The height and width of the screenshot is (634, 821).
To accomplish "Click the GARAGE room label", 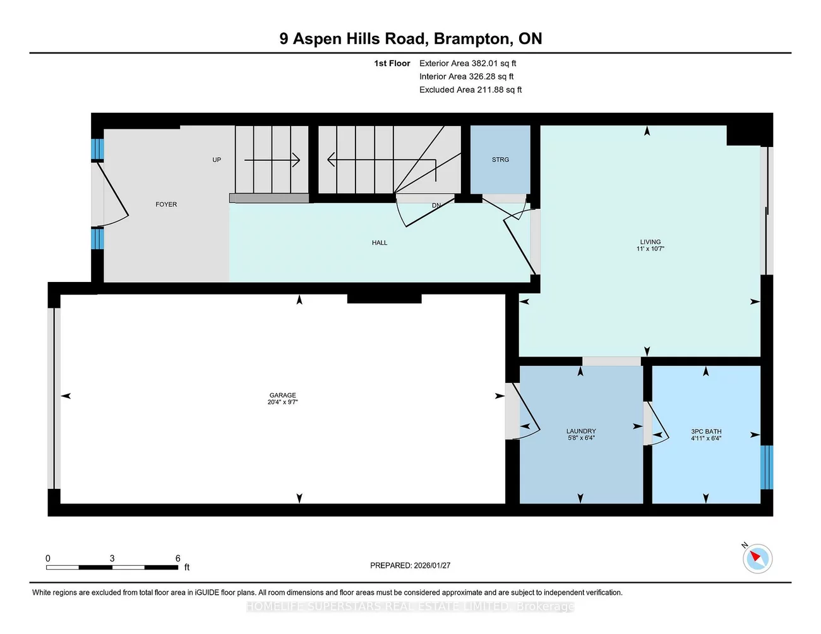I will [x=282, y=395].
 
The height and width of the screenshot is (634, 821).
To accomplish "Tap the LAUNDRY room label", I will [x=581, y=431].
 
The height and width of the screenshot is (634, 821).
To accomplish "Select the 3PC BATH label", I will [x=706, y=431].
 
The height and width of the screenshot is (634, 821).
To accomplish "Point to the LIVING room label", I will [x=650, y=242].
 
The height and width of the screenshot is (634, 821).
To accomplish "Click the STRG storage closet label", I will [x=500, y=160].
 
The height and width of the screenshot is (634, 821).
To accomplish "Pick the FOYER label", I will [x=166, y=204].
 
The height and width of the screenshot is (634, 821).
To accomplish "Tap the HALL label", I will [x=380, y=243].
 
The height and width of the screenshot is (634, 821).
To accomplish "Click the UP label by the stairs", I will [x=217, y=160].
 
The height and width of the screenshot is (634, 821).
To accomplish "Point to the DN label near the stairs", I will [x=436, y=206].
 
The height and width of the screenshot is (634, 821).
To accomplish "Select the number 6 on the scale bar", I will [x=178, y=558].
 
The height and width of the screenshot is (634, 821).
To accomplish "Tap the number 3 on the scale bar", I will [x=112, y=558].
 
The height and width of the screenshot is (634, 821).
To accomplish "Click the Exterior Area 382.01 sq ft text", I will [x=467, y=63].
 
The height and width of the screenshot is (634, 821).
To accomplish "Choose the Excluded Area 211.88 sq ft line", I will [x=470, y=90].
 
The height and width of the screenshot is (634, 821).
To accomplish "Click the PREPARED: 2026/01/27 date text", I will [x=410, y=565].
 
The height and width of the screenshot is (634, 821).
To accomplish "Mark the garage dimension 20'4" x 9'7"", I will [x=282, y=402].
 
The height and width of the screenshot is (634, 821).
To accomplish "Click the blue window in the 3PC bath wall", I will [x=767, y=467].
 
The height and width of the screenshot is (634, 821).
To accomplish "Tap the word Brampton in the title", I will [x=473, y=38].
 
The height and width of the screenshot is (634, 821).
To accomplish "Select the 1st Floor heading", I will [x=392, y=63].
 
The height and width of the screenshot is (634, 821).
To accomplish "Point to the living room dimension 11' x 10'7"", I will [x=650, y=249].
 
